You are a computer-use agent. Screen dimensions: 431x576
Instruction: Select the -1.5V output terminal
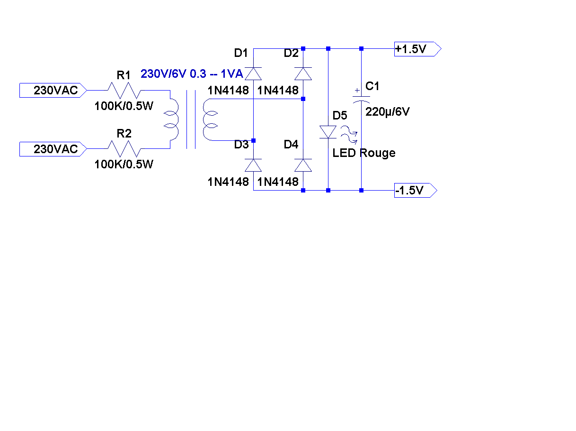415,191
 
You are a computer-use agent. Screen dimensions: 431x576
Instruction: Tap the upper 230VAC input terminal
53,90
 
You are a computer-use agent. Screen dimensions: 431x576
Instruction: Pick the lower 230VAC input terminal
53,149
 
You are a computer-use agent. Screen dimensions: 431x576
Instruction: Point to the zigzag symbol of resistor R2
124,149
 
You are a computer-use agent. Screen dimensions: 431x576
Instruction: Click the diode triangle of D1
254,73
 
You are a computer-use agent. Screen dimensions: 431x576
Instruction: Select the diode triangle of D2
303,73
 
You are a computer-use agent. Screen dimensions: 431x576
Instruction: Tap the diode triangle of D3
254,165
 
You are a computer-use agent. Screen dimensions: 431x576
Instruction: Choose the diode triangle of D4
303,165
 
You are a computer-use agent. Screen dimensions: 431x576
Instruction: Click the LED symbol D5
328,132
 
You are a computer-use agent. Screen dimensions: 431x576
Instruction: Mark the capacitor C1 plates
361,99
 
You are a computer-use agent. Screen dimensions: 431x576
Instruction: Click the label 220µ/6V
388,112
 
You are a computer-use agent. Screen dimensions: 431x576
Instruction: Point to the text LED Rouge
363,153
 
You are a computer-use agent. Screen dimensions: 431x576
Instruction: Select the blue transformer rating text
192,74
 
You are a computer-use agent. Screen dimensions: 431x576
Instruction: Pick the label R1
124,75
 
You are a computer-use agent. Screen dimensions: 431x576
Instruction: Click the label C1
372,86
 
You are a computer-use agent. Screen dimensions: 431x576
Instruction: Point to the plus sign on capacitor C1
356,90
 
